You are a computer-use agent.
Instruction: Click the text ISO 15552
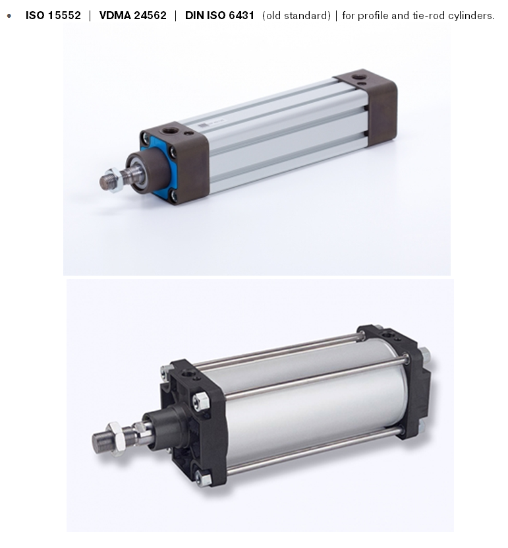click(x=53, y=15)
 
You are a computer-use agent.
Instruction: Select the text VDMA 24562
click(x=132, y=15)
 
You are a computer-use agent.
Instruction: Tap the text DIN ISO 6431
click(x=219, y=15)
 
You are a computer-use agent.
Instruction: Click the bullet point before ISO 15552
click(x=9, y=16)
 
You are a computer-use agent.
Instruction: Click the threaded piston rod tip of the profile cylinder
click(x=107, y=182)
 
